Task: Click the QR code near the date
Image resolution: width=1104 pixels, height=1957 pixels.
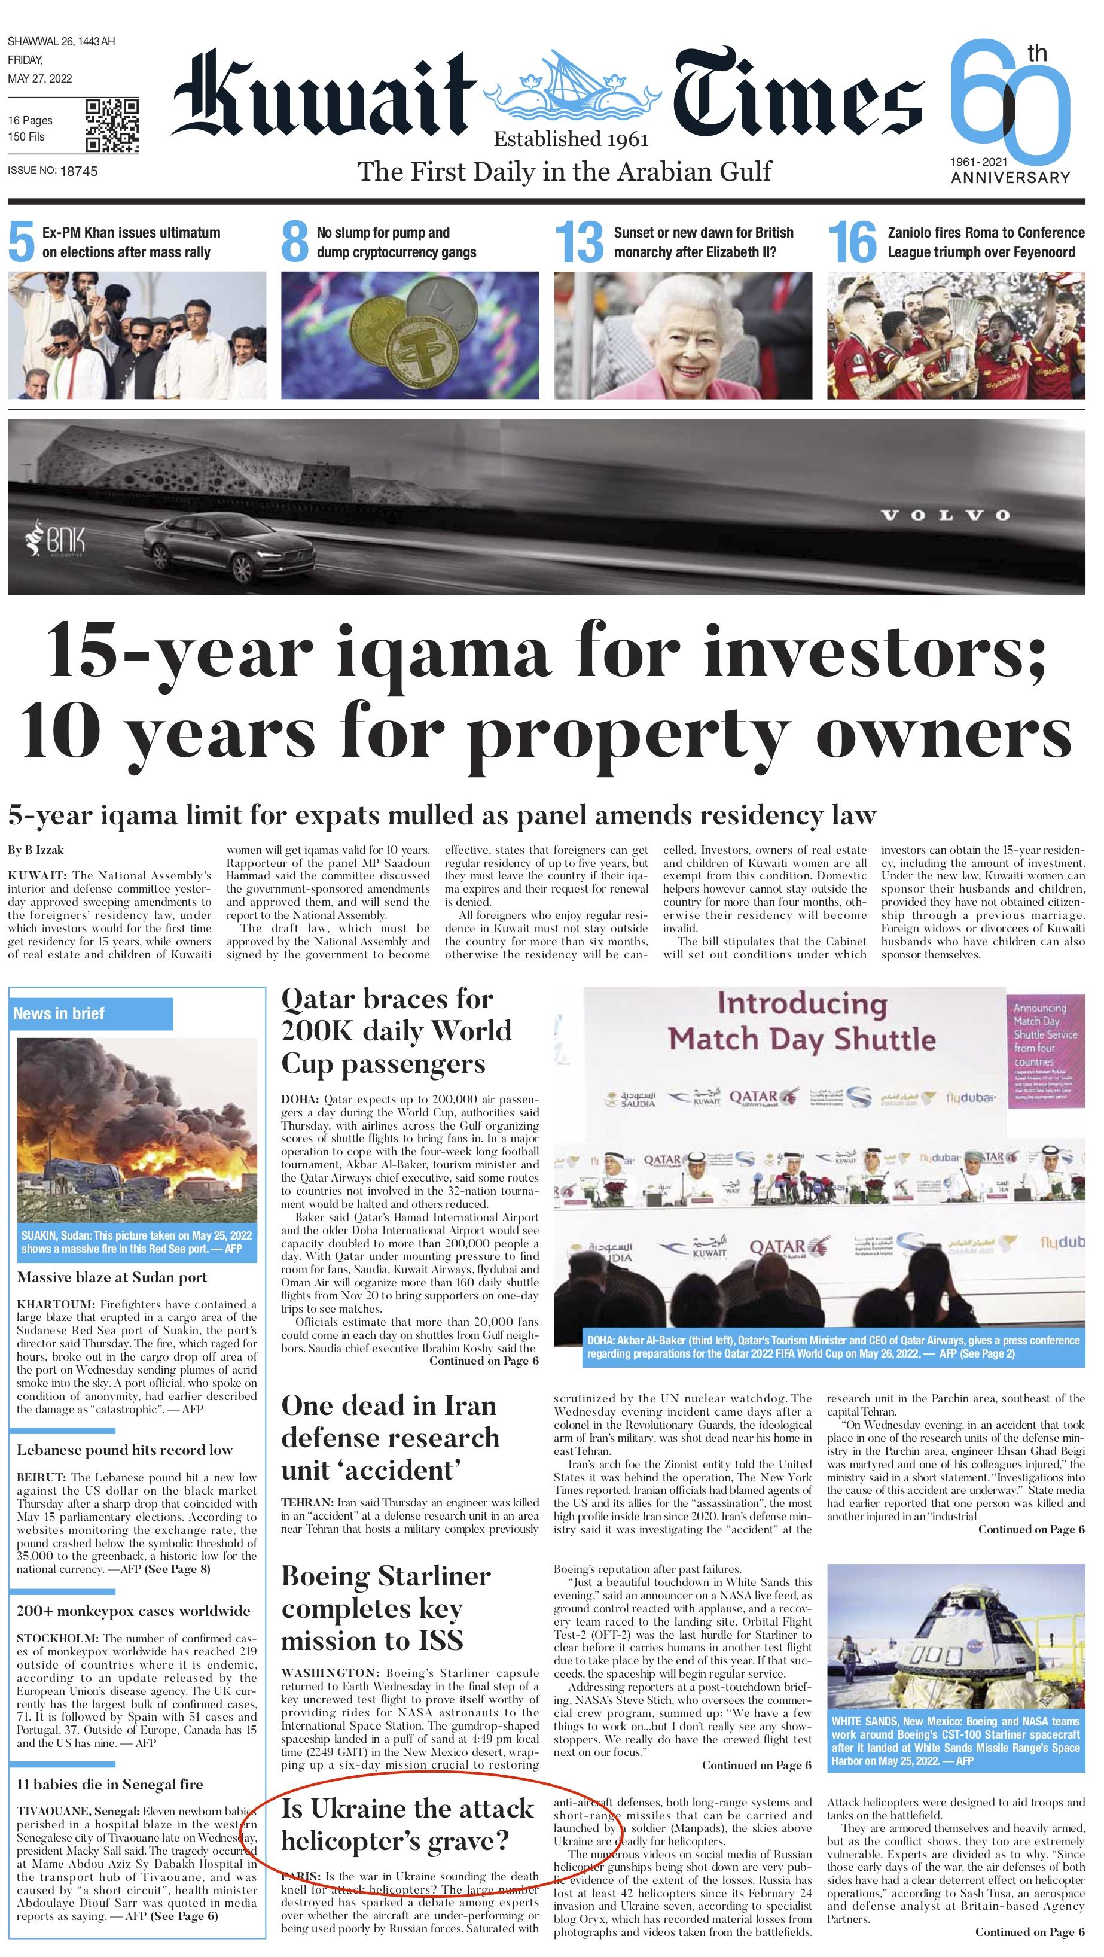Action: point(112,126)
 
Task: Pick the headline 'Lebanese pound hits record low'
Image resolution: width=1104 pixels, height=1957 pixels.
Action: point(124,1450)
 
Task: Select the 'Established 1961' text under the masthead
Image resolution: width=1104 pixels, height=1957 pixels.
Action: point(571,139)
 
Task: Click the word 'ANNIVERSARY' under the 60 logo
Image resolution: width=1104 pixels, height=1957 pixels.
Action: point(1010,177)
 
